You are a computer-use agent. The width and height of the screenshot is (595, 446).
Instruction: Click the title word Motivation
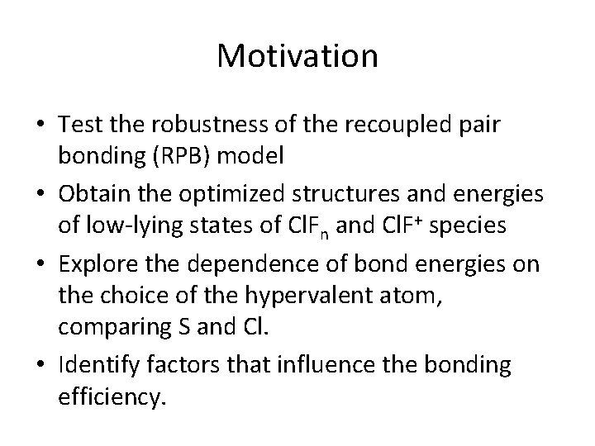click(x=297, y=56)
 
